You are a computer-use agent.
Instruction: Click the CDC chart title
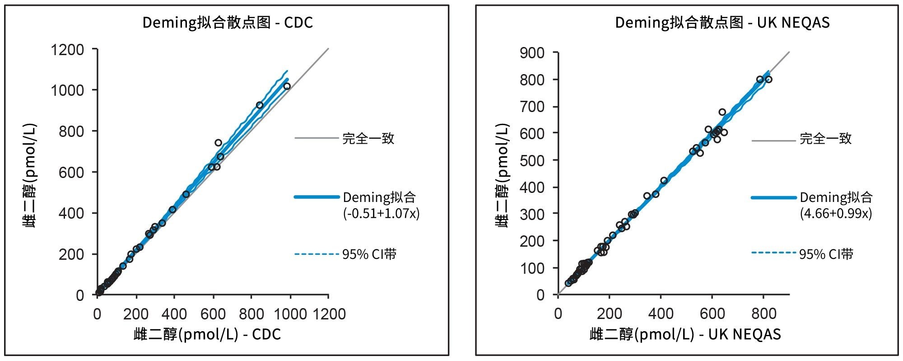pos(228,23)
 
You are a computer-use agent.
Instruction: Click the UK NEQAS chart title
pos(722,23)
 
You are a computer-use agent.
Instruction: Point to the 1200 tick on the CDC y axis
pos(67,49)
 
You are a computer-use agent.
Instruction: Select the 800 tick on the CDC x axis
pos(251,314)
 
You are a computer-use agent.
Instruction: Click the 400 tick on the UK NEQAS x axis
pos(661,314)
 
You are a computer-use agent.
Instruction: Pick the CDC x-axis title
pos(207,334)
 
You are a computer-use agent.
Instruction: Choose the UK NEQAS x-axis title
pos(685,334)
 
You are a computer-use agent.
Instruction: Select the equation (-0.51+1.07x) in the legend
pos(382,213)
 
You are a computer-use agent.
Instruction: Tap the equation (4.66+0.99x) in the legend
pos(836,213)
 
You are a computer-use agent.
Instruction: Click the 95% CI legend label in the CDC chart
pos(369,254)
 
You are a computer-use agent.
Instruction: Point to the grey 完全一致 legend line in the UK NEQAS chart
pos(773,141)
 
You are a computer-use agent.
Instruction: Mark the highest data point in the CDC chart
pos(287,86)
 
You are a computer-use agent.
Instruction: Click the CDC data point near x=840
pos(260,105)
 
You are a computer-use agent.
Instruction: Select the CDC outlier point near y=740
pos(218,143)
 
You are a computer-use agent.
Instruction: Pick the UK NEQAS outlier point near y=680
pos(722,112)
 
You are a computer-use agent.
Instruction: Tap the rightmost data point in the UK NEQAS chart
pos(768,80)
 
